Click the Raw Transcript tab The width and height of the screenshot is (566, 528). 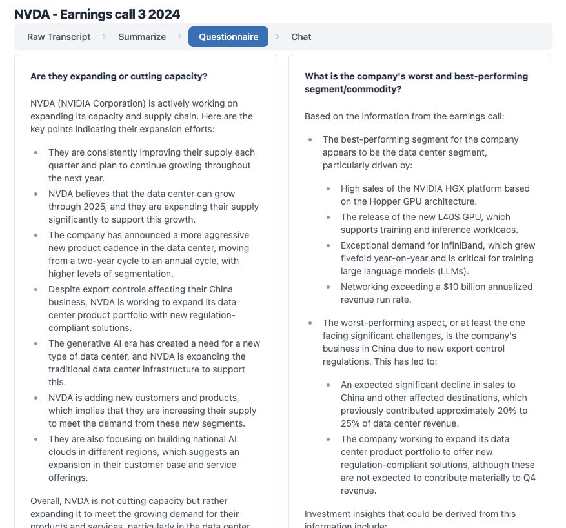(x=59, y=37)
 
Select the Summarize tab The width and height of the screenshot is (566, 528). (x=142, y=37)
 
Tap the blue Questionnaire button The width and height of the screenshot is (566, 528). (x=228, y=37)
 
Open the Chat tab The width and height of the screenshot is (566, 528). (x=301, y=37)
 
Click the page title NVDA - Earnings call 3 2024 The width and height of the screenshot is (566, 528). (x=97, y=14)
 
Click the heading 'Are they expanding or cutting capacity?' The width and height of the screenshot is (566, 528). (x=119, y=76)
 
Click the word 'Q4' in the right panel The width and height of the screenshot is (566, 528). (x=529, y=478)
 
